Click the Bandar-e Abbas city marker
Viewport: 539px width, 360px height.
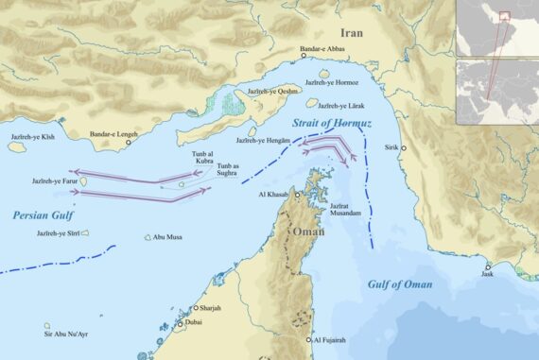pos(304,56)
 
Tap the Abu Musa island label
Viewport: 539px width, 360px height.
pos(165,237)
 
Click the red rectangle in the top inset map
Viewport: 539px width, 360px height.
pos(505,15)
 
